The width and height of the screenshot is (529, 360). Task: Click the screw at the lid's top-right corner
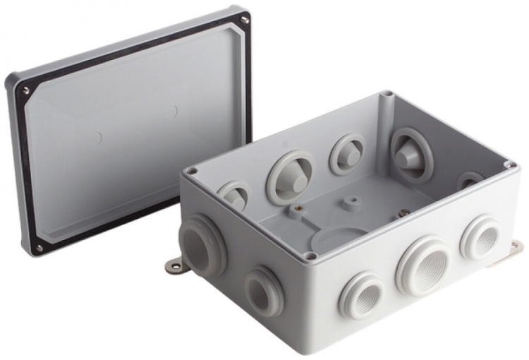tap(244, 20)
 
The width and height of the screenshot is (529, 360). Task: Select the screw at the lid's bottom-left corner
tap(39, 248)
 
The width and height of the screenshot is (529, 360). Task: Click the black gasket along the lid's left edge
tap(22, 169)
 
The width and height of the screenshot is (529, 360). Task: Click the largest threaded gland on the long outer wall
tap(423, 267)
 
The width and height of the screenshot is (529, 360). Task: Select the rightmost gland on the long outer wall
tap(481, 239)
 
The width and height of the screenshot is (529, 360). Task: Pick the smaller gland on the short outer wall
tap(264, 291)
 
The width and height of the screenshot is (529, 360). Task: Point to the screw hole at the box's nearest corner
tap(310, 256)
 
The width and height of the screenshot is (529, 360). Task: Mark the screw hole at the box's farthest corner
tap(386, 94)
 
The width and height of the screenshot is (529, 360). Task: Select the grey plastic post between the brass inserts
tap(351, 203)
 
